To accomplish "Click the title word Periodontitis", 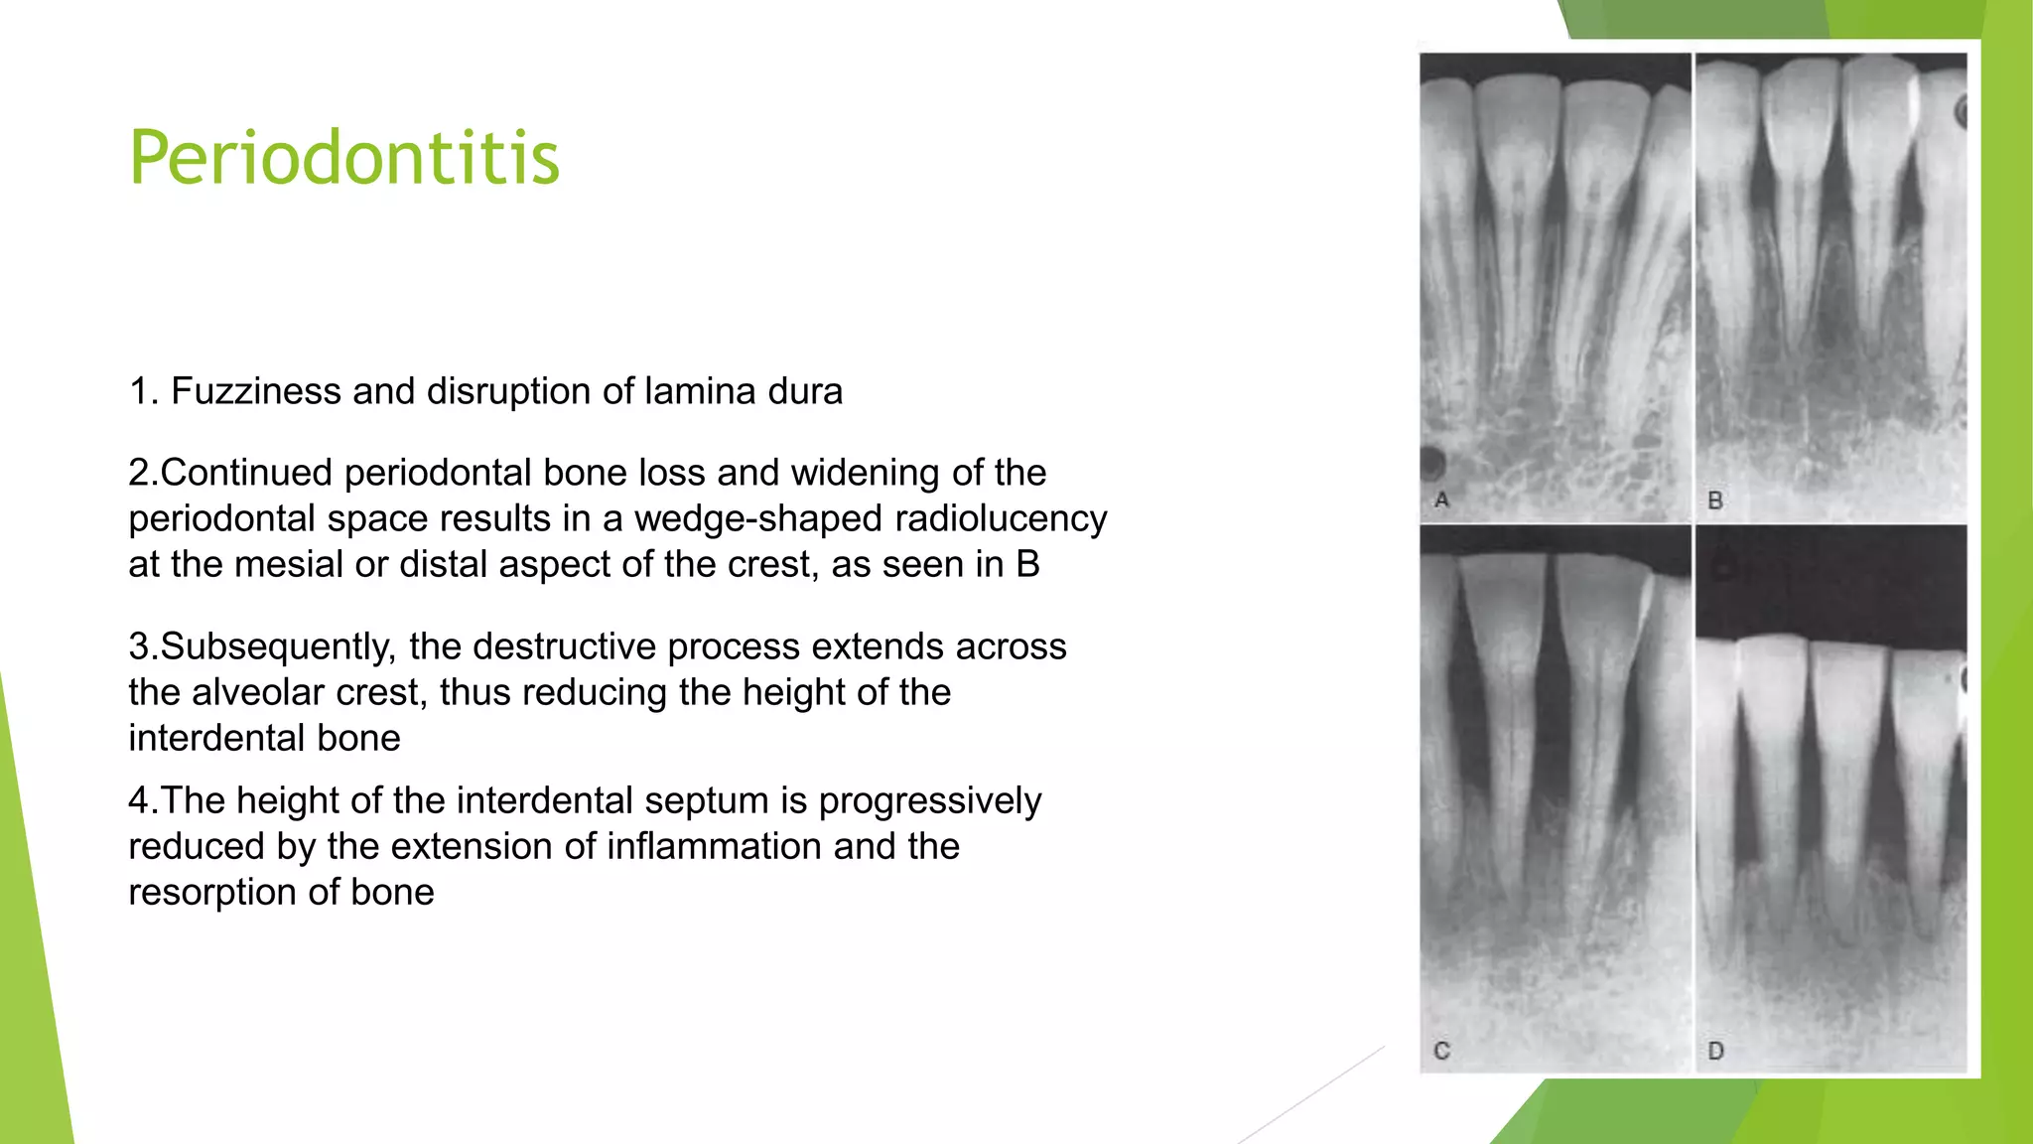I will coord(344,158).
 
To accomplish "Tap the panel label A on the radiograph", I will coord(1442,500).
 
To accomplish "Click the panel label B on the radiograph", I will coord(1715,500).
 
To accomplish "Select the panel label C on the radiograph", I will coord(1442,1051).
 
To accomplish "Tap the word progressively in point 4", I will coord(929,800).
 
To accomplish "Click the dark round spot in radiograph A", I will coord(1431,463).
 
